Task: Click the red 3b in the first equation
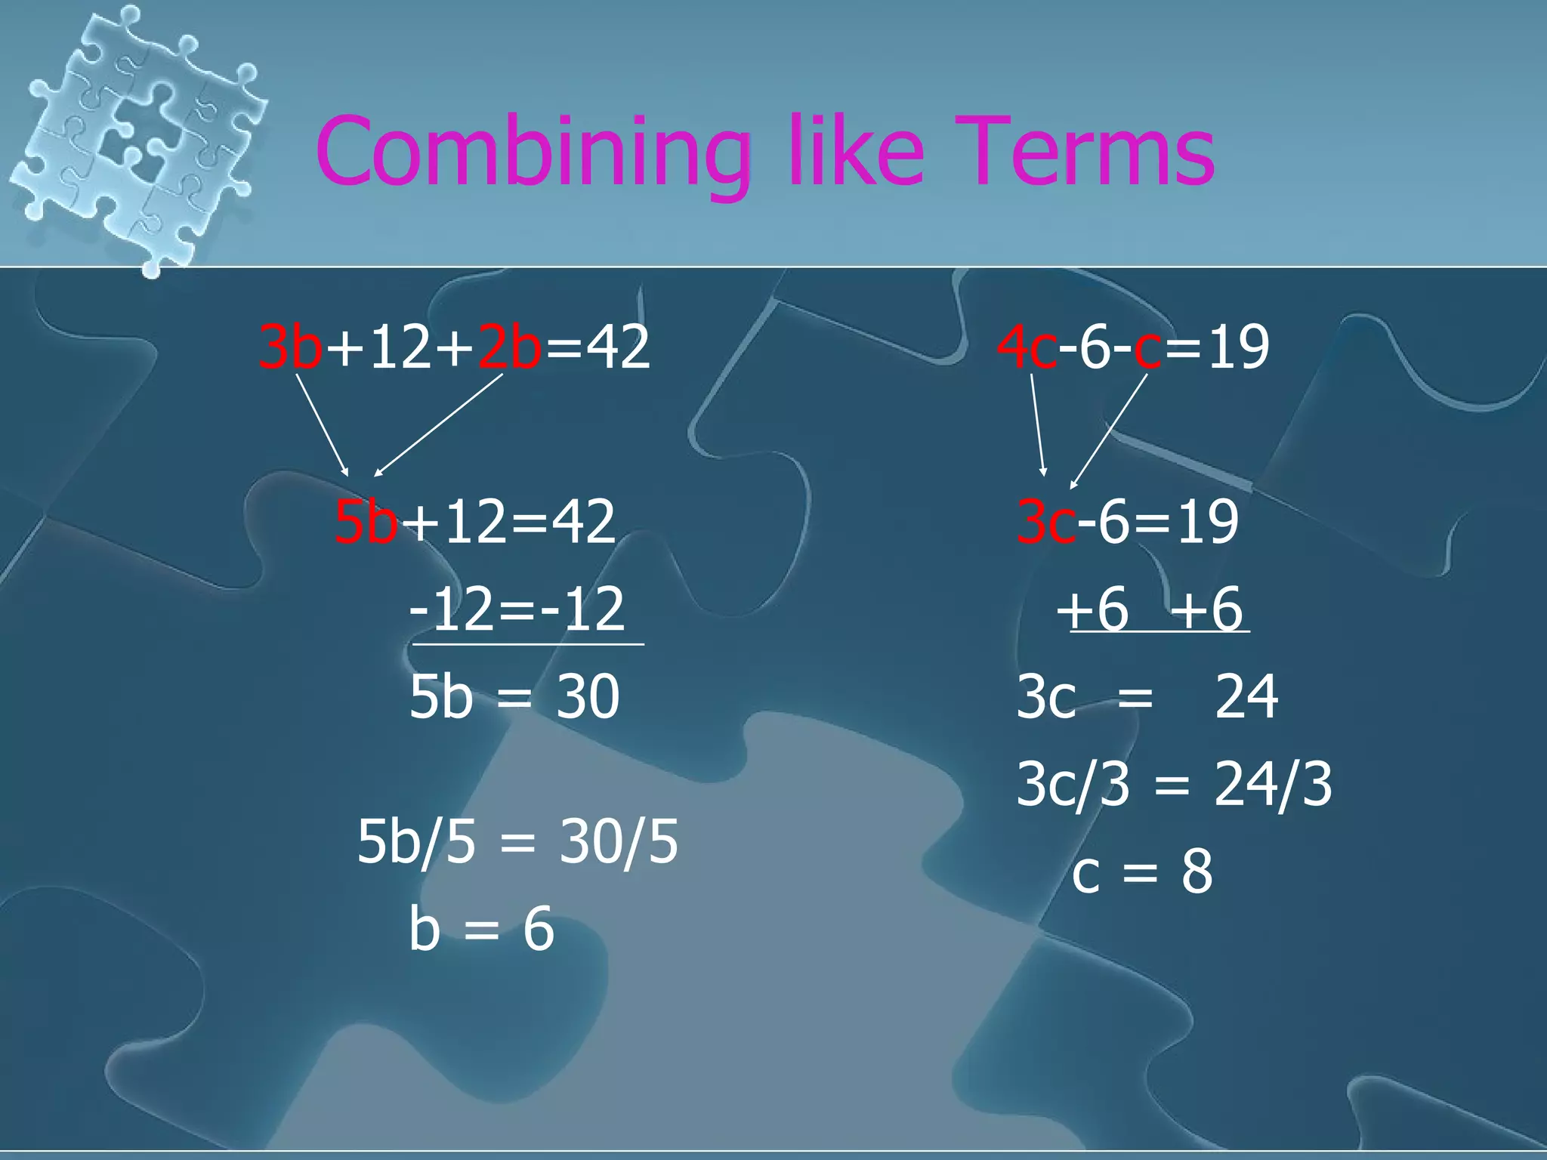[291, 347]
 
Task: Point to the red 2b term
[510, 347]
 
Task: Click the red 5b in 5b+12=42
[366, 522]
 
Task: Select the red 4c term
[1027, 347]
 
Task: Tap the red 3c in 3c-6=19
[1046, 522]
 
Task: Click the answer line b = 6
[482, 929]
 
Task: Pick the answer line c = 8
[1142, 872]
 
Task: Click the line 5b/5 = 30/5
[517, 842]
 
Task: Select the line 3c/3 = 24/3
[1174, 785]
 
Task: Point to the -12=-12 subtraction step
[517, 609]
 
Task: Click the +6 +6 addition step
[1150, 609]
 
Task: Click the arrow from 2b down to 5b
[438, 425]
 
